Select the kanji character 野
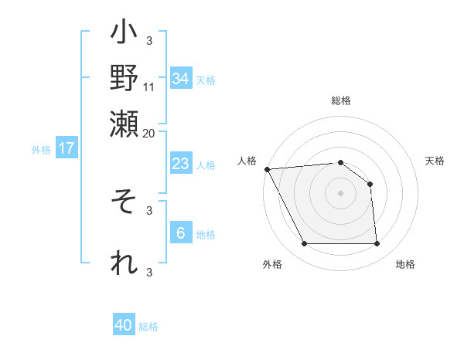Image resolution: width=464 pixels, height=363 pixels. (124, 76)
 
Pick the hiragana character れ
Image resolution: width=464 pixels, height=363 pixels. (124, 263)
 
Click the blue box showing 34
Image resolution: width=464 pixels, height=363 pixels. (180, 79)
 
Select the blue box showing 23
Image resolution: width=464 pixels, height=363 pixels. (180, 164)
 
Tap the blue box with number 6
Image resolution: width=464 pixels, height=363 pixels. (180, 233)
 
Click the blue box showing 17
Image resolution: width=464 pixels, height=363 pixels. (66, 148)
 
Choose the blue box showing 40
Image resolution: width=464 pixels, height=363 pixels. (124, 325)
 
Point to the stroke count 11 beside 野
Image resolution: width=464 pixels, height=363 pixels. (149, 87)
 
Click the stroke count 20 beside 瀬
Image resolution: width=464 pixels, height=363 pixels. (149, 132)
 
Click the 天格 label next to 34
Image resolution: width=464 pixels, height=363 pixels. (206, 80)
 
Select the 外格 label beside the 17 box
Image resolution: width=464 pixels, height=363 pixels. (41, 150)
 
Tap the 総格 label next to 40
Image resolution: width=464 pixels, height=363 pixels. (148, 327)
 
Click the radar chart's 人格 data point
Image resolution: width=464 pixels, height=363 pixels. (267, 169)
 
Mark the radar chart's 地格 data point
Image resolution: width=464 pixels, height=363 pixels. (377, 244)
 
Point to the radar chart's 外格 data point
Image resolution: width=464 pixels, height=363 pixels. (304, 244)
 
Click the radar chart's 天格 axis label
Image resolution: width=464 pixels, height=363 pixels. (435, 161)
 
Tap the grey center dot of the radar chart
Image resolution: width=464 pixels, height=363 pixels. (340, 193)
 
